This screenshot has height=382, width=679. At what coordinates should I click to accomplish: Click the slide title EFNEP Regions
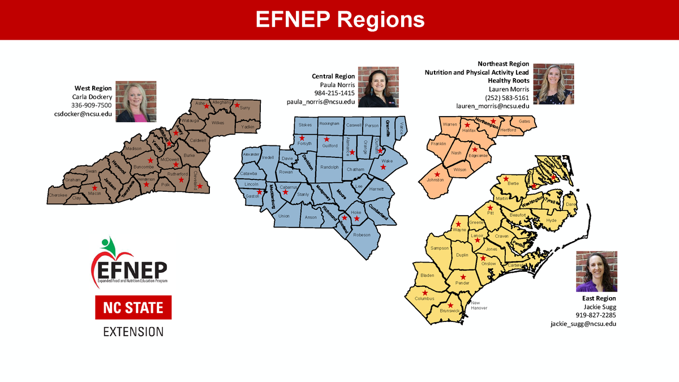point(339,19)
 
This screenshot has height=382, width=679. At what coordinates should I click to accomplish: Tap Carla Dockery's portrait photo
point(136,102)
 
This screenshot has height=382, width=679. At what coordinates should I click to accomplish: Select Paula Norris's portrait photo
point(378,87)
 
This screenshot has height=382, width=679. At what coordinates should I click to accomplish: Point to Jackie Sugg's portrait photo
point(596,272)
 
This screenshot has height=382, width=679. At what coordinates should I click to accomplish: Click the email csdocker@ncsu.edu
point(83,114)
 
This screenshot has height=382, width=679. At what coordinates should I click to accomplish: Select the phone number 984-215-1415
point(334,93)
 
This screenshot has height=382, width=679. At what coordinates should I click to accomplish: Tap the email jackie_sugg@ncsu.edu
point(583,324)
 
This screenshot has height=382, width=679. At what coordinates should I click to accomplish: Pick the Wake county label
point(387,161)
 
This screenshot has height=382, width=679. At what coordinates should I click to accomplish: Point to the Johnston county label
point(435,180)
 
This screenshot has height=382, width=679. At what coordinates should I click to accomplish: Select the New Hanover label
point(479,305)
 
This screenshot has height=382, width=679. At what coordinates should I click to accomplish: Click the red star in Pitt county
point(490,207)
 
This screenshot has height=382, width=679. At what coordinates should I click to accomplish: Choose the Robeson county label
point(362,235)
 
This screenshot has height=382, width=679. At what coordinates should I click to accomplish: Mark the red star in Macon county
point(94,187)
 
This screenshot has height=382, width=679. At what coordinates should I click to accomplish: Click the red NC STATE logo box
point(133,308)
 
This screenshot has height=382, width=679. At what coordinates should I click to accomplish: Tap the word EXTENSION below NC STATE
point(133,331)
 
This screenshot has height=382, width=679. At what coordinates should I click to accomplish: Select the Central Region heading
point(333,76)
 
